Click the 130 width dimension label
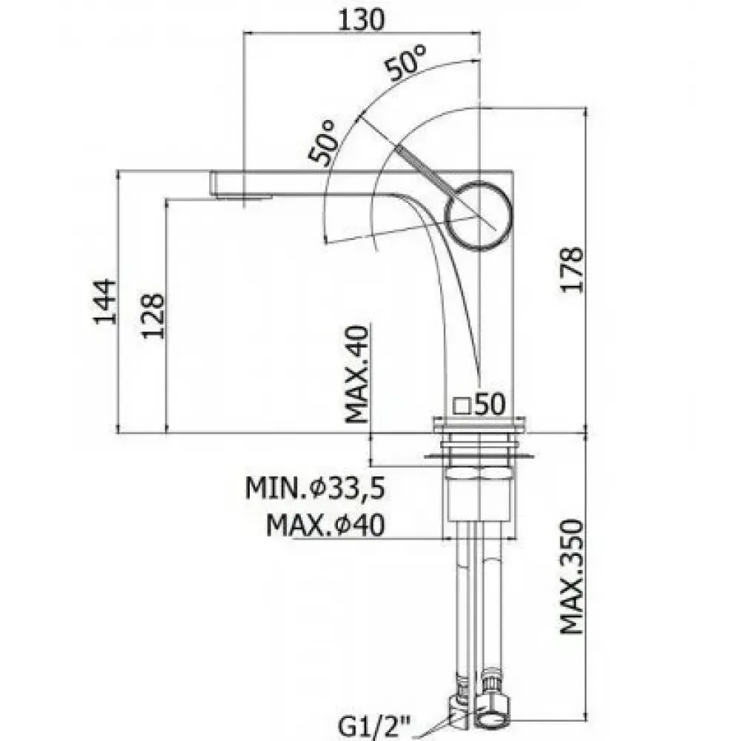(362, 20)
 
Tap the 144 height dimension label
(104, 302)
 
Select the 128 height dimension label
(153, 316)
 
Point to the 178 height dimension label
(572, 270)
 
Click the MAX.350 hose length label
(572, 576)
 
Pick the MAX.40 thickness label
(357, 374)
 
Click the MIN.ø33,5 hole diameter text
(315, 488)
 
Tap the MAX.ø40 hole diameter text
(325, 525)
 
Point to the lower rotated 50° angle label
(322, 142)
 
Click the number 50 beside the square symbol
(490, 404)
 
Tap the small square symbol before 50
(461, 406)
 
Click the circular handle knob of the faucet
(479, 215)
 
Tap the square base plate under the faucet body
(478, 424)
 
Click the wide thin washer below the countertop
(479, 456)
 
